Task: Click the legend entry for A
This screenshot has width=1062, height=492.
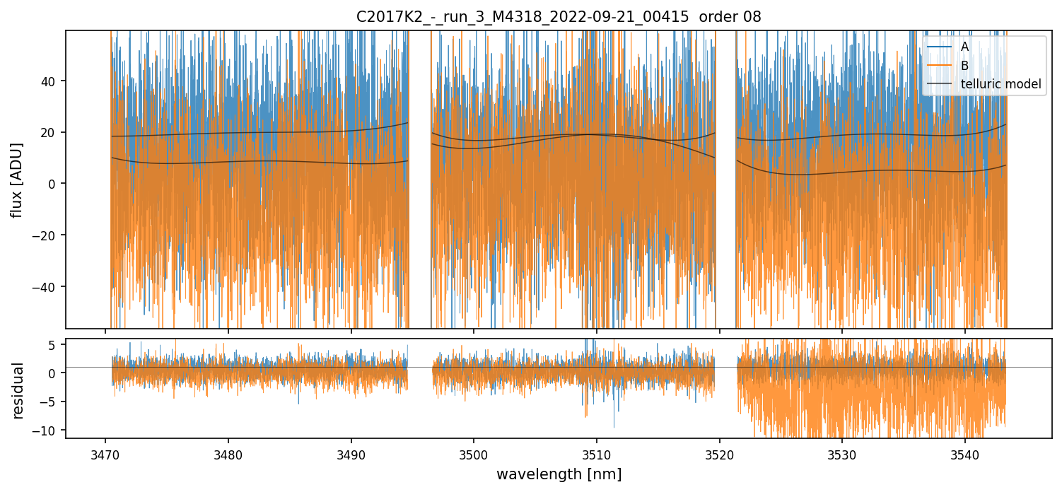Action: (964, 47)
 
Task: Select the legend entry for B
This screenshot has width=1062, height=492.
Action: (964, 66)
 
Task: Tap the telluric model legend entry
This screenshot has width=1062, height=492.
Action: (1000, 84)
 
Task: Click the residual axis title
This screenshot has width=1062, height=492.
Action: (17, 390)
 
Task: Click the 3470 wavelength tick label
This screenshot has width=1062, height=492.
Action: (105, 453)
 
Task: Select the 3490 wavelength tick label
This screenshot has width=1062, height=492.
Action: (351, 453)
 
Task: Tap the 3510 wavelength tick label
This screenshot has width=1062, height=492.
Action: (596, 453)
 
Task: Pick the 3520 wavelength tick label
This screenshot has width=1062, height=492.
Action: (719, 453)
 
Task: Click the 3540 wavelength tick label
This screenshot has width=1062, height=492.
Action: (964, 453)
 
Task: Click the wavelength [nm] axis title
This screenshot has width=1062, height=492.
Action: (559, 474)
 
